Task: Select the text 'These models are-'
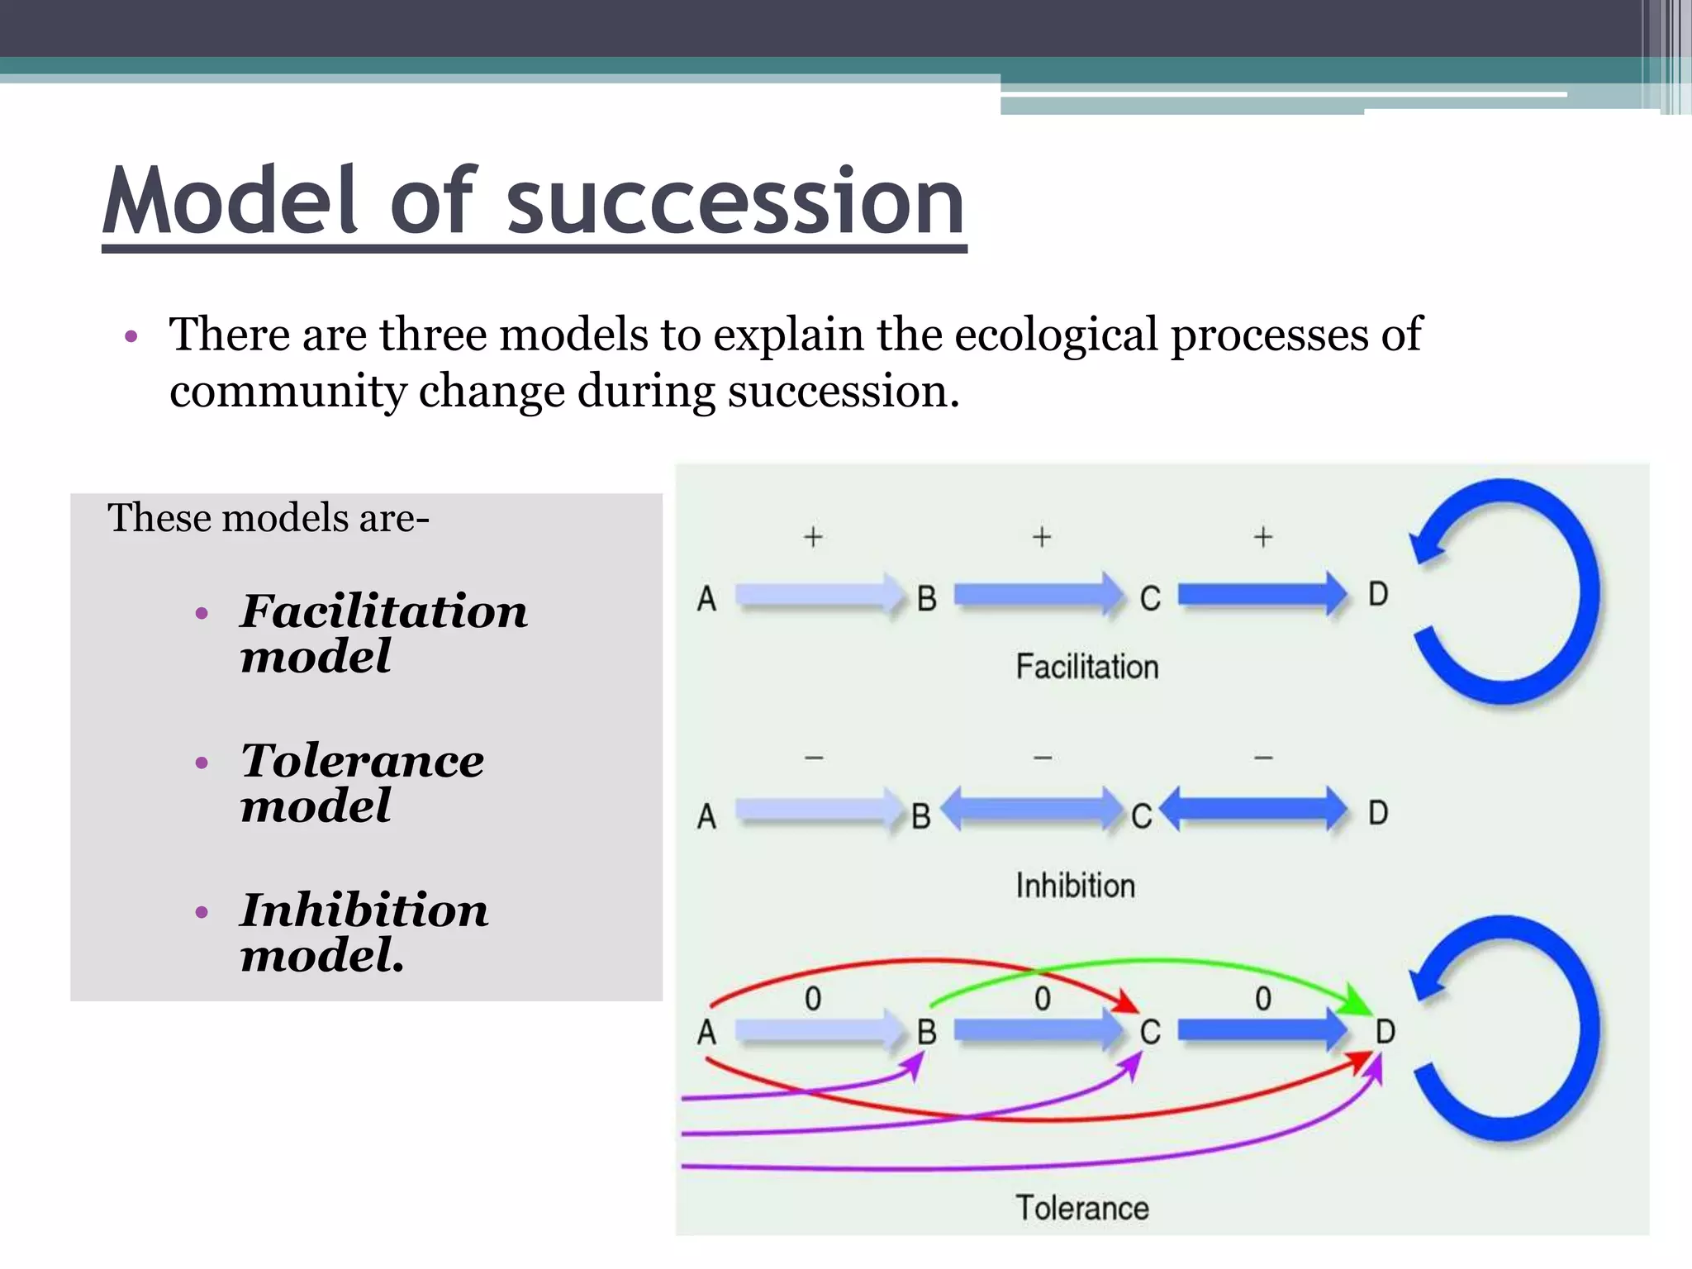pos(269,519)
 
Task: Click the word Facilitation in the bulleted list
pos(383,612)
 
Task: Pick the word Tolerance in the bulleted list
pos(362,761)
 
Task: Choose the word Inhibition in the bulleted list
pos(364,910)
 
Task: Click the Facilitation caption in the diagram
pos(1086,667)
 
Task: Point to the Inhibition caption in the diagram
pos(1075,886)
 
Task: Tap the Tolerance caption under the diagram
pos(1081,1208)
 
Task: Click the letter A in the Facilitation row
pos(706,599)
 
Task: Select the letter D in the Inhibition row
pos(1377,813)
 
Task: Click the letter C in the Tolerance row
pos(1150,1033)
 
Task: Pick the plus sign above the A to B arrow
pos(813,537)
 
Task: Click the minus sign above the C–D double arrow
pos(1263,757)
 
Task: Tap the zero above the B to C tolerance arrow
pos(1043,999)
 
